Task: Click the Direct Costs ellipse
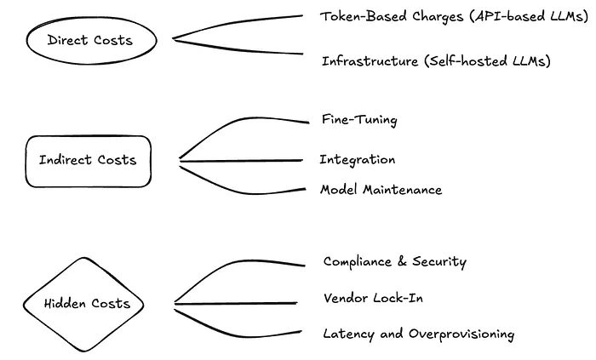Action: (x=90, y=40)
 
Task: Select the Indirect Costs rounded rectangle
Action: (x=88, y=161)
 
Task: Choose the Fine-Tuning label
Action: (x=359, y=120)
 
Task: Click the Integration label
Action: (x=358, y=160)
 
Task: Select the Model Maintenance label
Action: (x=381, y=190)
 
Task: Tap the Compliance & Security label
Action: (x=394, y=262)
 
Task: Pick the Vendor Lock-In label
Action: (x=373, y=298)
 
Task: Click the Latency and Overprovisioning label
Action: (x=418, y=334)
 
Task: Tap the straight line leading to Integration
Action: (x=243, y=160)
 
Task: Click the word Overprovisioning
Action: (x=460, y=334)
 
